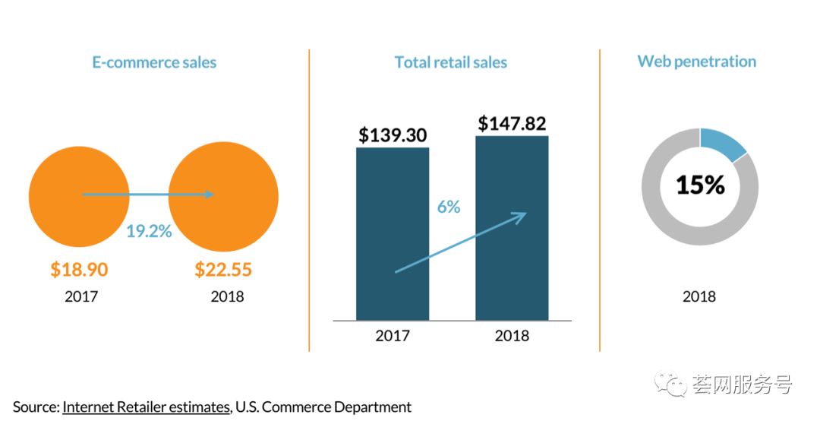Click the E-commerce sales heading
click(x=154, y=62)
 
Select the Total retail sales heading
click(x=450, y=62)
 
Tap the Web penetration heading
click(x=696, y=62)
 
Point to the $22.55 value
click(x=223, y=270)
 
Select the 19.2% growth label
click(x=149, y=231)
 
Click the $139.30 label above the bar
click(x=393, y=135)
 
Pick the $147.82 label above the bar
click(x=512, y=124)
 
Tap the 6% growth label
click(x=449, y=207)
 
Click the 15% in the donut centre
click(x=700, y=185)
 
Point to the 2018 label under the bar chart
click(x=512, y=335)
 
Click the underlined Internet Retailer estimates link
click(x=147, y=407)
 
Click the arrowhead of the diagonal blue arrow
click(x=522, y=216)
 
